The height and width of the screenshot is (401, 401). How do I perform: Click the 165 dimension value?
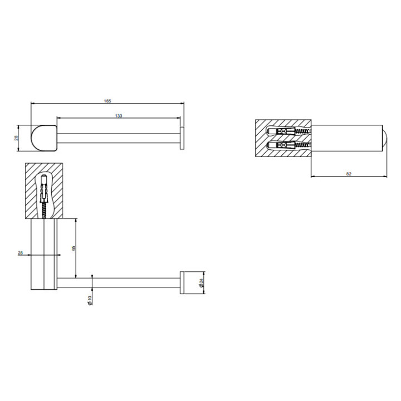coord(107,101)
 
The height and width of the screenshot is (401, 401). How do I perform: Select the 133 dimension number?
coord(119,116)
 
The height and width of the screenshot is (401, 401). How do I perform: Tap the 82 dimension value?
coord(349,174)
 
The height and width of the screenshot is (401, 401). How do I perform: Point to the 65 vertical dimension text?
coord(74,248)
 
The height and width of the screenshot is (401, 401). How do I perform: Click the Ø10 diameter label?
coord(90,301)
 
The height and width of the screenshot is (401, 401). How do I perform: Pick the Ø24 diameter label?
coord(201,282)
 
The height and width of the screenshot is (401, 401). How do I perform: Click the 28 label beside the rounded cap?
coord(16,138)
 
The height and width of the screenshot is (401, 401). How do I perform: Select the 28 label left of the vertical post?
coord(20,253)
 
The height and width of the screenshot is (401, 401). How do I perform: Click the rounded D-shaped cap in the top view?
coord(44,138)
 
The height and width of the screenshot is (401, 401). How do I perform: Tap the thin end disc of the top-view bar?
coord(182,138)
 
